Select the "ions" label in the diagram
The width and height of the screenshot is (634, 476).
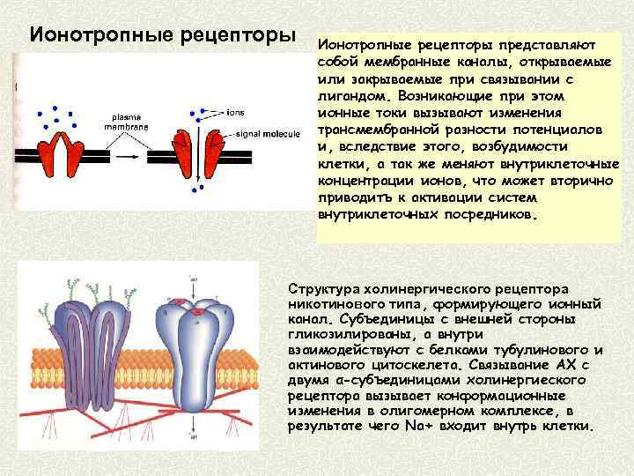coord(236,114)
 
